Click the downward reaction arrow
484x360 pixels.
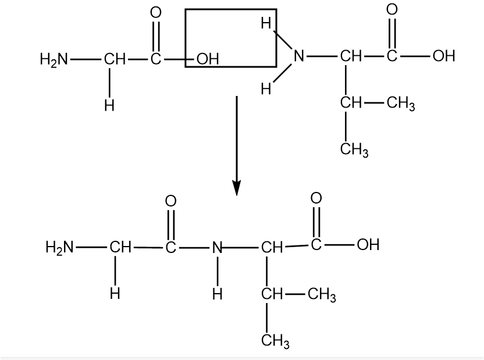236,145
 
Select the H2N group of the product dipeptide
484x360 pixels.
59,247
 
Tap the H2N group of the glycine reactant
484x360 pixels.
54,59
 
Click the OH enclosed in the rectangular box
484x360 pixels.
207,59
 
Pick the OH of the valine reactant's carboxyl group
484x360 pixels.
443,56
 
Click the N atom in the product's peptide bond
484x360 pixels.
217,247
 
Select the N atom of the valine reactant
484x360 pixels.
298,56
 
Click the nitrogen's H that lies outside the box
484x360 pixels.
266,89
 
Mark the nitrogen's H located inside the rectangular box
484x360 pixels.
266,24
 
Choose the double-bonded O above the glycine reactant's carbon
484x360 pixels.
155,13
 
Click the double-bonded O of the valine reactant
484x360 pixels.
392,9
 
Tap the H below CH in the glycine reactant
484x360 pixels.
109,106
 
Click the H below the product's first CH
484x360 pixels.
115,294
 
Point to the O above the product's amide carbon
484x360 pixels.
170,201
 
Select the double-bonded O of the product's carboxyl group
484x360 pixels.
316,199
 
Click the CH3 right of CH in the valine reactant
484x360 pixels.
400,105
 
